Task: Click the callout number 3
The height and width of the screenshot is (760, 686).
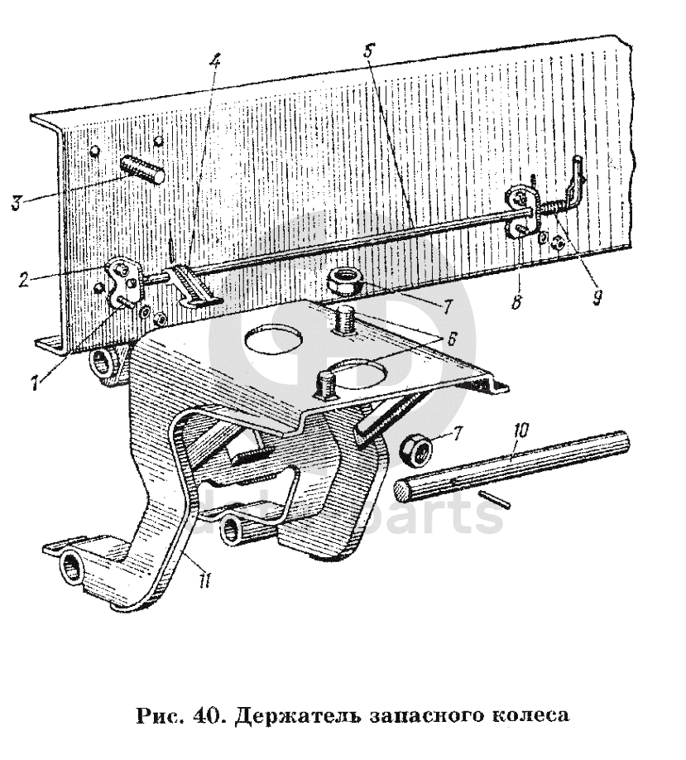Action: tap(16, 201)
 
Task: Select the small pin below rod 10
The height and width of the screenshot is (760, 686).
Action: tap(495, 500)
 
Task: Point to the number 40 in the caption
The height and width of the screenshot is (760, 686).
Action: tap(204, 714)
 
